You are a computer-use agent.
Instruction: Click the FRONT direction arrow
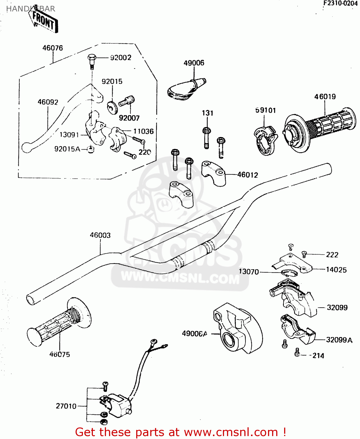point(44,20)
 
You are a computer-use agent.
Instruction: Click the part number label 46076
point(52,48)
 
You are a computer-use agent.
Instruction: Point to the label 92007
point(129,118)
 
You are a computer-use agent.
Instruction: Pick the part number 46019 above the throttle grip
point(325,97)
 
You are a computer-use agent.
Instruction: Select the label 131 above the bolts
point(207,113)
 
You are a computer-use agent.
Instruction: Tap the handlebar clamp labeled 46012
point(214,173)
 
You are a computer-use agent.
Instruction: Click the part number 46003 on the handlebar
point(100,235)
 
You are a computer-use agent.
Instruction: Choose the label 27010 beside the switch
point(66,406)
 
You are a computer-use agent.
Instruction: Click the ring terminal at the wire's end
point(153,341)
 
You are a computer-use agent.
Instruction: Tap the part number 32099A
point(339,340)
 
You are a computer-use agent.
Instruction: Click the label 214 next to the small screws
point(318,356)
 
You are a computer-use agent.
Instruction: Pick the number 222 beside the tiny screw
point(332,255)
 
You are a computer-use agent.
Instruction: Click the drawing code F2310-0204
point(340,3)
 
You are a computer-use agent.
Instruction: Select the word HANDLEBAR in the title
point(30,9)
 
